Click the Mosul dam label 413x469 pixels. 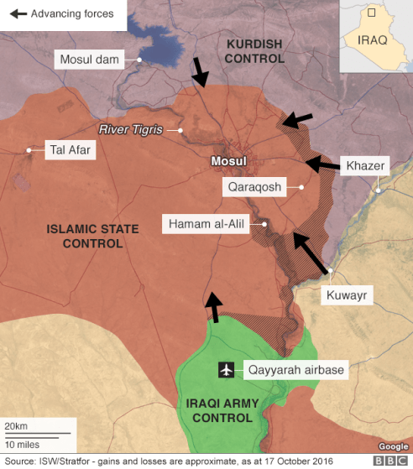click(x=90, y=60)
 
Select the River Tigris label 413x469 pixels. click(x=130, y=130)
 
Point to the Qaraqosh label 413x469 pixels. click(x=254, y=187)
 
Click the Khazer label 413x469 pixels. click(x=365, y=166)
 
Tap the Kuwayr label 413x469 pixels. click(x=345, y=295)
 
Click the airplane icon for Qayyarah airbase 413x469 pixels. click(x=225, y=369)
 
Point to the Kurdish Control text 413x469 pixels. click(x=255, y=50)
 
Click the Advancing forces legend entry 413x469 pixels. click(x=63, y=14)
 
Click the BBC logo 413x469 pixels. click(x=389, y=461)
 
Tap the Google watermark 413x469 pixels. click(x=392, y=446)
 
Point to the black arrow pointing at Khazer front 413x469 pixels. click(x=322, y=164)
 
